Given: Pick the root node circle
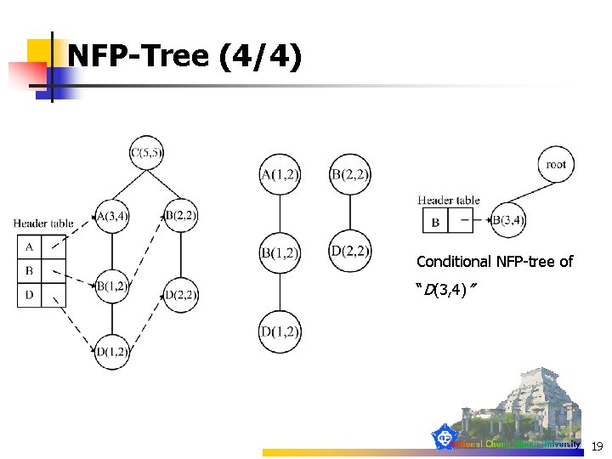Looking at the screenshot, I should coord(556,164).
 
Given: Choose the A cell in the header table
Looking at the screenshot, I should coord(29,247).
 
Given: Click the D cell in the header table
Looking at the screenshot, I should coord(29,295).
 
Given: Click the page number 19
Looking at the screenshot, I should coord(597,445).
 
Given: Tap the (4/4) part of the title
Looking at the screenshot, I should coord(259,57).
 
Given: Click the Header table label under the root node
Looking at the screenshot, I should coord(449,201).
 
